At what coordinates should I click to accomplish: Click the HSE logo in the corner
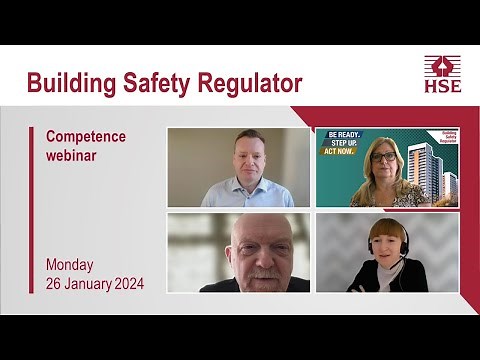click(x=443, y=75)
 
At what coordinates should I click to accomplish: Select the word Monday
click(x=70, y=265)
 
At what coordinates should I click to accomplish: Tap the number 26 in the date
click(x=55, y=284)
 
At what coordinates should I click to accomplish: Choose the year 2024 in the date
click(x=128, y=284)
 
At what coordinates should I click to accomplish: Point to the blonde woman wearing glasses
click(x=384, y=172)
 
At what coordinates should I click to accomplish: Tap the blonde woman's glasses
click(x=384, y=157)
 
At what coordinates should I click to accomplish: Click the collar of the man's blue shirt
click(x=247, y=184)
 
